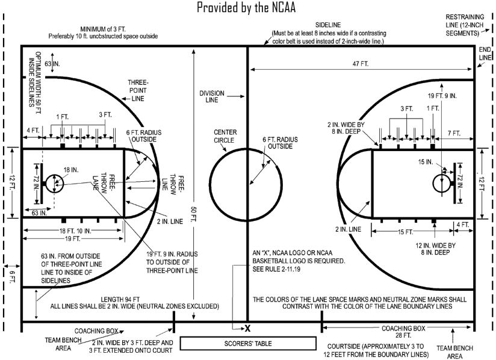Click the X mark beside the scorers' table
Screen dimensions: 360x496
[247, 328]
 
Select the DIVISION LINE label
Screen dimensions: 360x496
[212, 97]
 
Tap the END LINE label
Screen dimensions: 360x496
[485, 53]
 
